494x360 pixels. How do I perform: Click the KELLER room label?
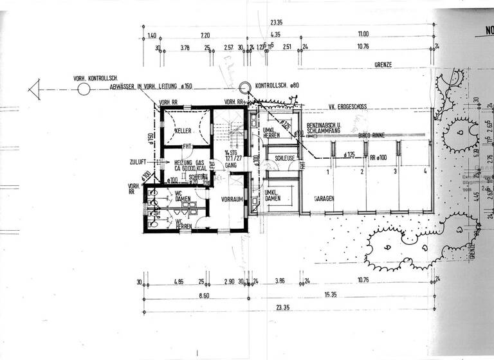[183, 130]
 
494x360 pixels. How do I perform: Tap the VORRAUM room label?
[230, 200]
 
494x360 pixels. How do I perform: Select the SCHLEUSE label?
[284, 157]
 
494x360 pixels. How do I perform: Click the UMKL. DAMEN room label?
[273, 196]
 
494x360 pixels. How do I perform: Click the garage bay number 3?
[394, 172]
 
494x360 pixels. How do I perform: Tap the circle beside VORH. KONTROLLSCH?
[84, 88]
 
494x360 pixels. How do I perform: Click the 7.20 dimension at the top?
[206, 34]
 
